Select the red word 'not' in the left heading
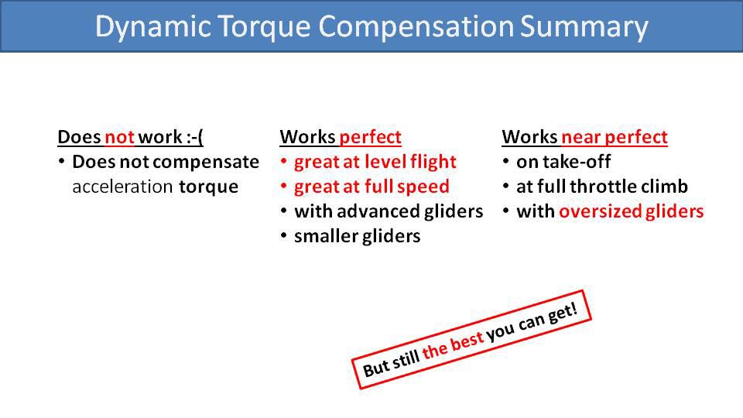pyautogui.click(x=119, y=137)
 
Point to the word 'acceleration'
pyautogui.click(x=122, y=187)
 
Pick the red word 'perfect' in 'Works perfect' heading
pyautogui.click(x=371, y=138)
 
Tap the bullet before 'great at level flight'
pyautogui.click(x=284, y=162)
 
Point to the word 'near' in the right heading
pyautogui.click(x=581, y=137)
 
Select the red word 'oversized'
pyautogui.click(x=600, y=211)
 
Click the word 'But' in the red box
pyautogui.click(x=375, y=367)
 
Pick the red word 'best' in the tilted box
pyautogui.click(x=467, y=341)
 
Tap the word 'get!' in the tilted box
pyautogui.click(x=563, y=313)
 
